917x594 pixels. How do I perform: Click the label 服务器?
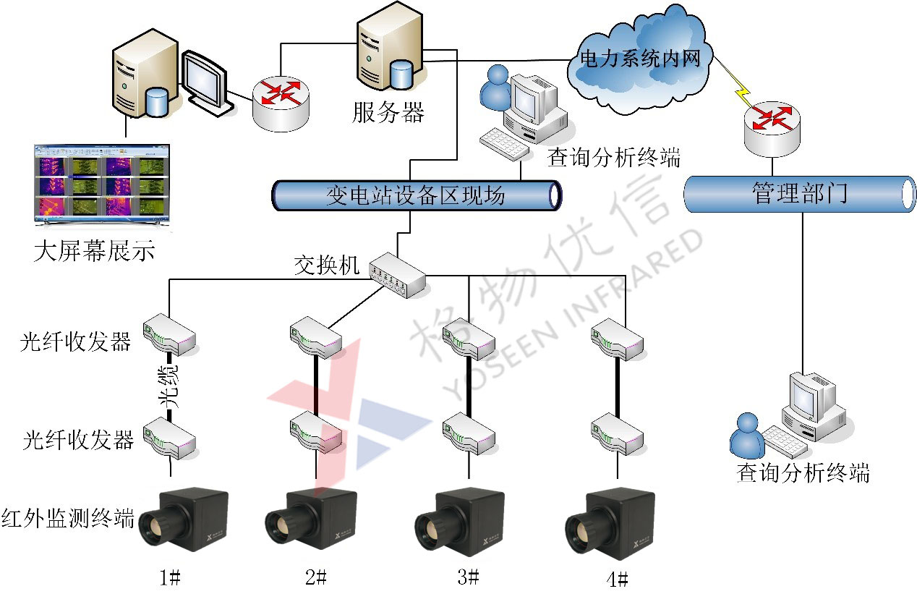click(x=388, y=112)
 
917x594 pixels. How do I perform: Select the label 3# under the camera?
click(x=469, y=577)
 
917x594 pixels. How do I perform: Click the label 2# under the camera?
click(x=316, y=577)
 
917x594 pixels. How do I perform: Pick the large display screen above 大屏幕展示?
click(x=101, y=185)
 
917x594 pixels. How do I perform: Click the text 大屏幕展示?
click(x=94, y=253)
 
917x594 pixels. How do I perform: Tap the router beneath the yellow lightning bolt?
click(x=771, y=126)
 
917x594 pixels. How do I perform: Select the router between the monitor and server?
click(x=280, y=102)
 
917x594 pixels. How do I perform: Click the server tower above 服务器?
click(x=388, y=51)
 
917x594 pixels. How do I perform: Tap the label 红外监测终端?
click(x=68, y=518)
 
